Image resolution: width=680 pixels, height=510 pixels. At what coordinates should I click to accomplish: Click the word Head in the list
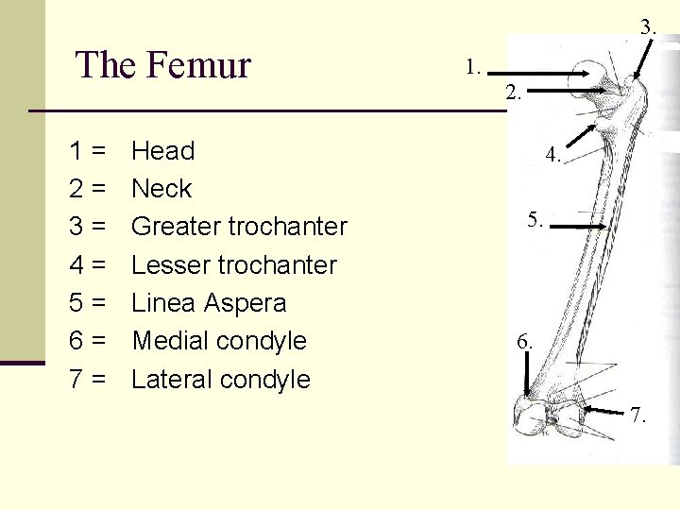click(x=162, y=151)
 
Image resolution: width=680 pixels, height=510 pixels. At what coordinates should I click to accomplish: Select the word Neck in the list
click(x=161, y=189)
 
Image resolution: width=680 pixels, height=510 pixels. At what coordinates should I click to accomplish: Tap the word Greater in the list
click(x=175, y=227)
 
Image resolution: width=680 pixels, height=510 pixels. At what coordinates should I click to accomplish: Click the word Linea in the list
click(x=162, y=303)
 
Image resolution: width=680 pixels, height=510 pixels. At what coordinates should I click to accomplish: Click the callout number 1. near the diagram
click(x=474, y=67)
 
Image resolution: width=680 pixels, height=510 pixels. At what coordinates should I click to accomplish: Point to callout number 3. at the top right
click(x=648, y=27)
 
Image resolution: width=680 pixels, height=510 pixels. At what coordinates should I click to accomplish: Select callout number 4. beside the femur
click(x=553, y=156)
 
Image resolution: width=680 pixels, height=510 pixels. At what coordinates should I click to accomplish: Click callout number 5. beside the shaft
click(x=535, y=220)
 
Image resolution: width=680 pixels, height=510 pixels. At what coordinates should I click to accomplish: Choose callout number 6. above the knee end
click(x=525, y=342)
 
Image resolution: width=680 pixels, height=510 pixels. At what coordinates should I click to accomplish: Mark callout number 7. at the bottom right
click(x=639, y=416)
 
